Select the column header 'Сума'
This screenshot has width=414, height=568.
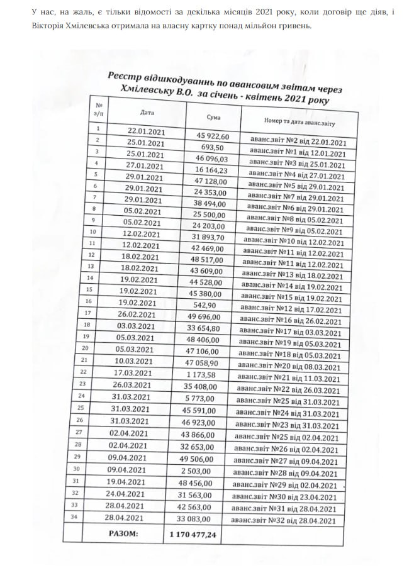click(214, 118)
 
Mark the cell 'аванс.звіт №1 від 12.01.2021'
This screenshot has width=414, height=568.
click(296, 152)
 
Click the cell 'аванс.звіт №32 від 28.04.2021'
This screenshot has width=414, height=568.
click(289, 520)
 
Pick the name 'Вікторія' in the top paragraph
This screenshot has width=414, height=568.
click(28, 28)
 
